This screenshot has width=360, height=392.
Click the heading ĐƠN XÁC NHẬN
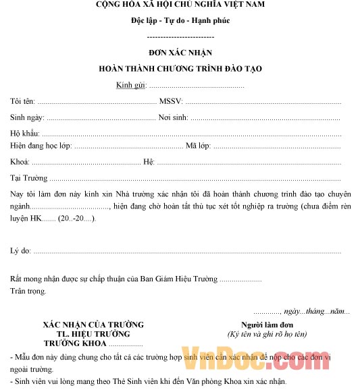point(180,53)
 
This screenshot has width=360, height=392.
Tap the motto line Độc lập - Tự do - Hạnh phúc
point(180,20)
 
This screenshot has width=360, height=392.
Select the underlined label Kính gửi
point(130,85)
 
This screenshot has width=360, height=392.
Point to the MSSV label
point(170,101)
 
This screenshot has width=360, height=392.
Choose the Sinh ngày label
point(27,117)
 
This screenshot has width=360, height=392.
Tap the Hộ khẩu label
point(25,134)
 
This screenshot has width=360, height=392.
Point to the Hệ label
point(149,162)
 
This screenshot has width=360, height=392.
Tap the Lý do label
point(20,251)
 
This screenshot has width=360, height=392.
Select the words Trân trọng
point(28,291)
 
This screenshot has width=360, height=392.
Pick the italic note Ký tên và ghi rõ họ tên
point(267,334)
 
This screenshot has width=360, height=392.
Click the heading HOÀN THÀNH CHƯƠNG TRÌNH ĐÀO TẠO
point(180,69)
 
